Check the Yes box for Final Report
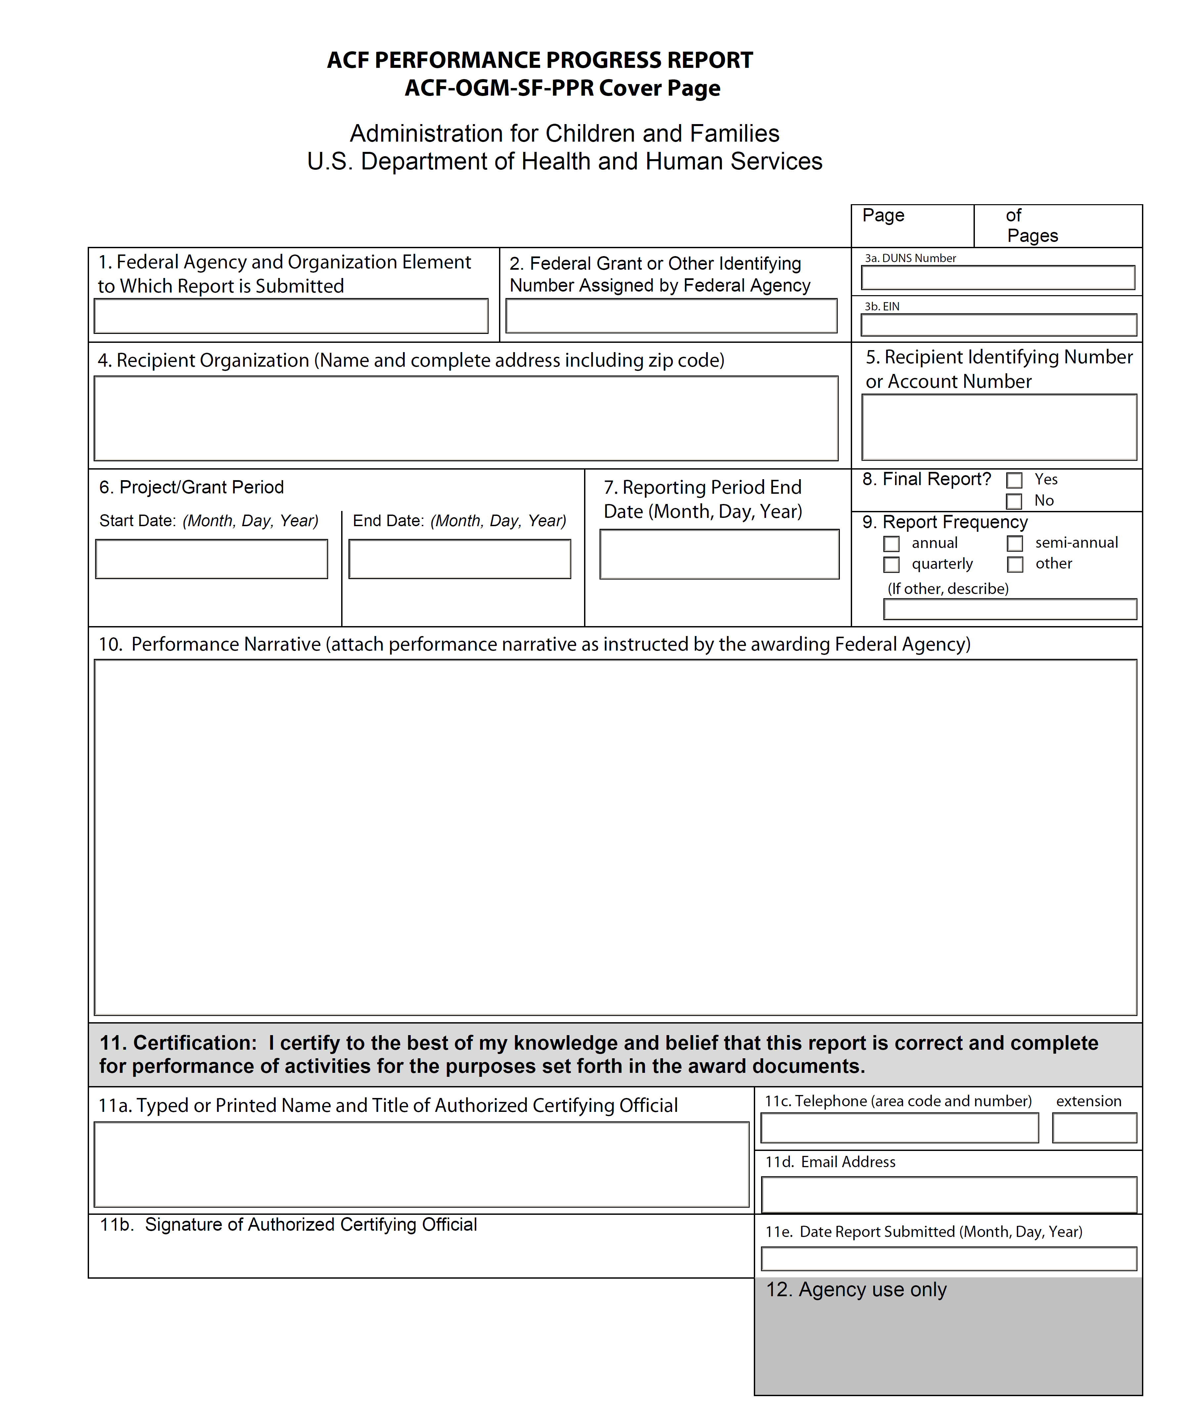point(1014,480)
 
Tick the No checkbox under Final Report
point(1014,501)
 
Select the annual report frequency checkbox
point(891,543)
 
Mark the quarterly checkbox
point(891,564)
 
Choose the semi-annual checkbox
point(1015,543)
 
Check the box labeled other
point(1015,564)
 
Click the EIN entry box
point(999,325)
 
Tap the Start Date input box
point(212,559)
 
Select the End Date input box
point(460,559)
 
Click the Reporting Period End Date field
point(719,554)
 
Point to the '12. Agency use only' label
point(856,1289)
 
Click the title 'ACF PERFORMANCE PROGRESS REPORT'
point(539,60)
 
